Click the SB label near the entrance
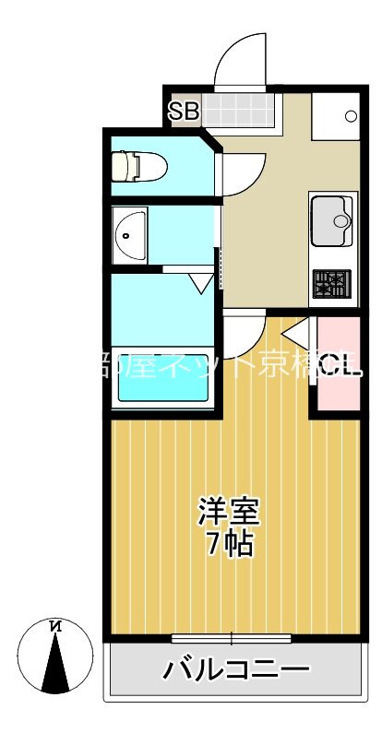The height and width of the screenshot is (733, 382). coord(184,112)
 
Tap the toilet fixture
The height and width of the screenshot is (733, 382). coord(137,166)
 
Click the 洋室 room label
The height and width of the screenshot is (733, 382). coord(229,511)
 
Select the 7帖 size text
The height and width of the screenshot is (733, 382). coord(230,545)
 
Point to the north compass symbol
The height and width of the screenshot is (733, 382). coord(56,656)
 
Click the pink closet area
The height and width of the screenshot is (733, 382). coord(338,364)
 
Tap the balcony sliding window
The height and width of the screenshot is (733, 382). coord(232,637)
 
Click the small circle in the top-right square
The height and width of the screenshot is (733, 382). coord(350,115)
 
